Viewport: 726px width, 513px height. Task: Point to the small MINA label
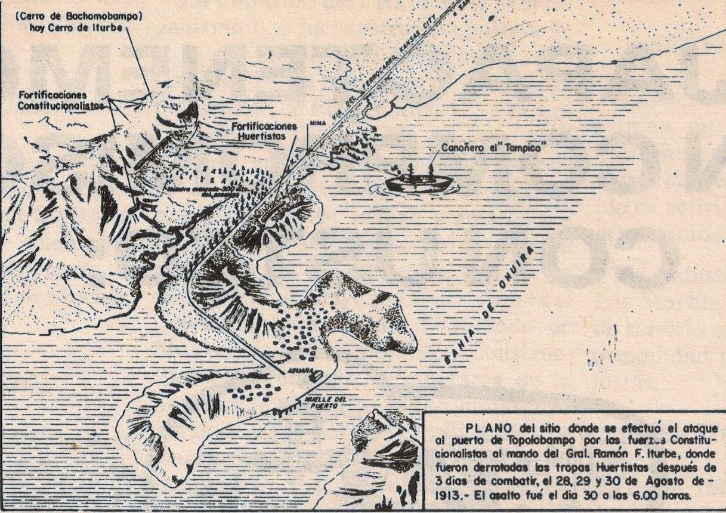click(316, 123)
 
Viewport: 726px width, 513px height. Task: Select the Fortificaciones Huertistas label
click(265, 132)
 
